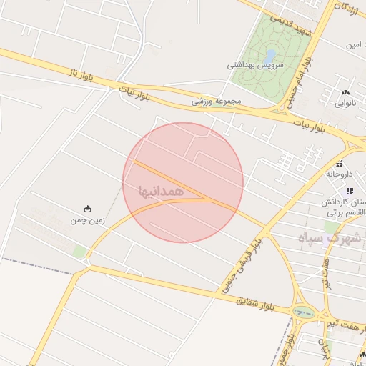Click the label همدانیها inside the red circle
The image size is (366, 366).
pos(164,192)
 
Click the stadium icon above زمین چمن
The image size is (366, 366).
pos(88,209)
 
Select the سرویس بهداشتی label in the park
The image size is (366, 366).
pos(256,65)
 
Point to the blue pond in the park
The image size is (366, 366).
pos(270,54)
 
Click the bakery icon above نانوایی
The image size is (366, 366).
pos(347,92)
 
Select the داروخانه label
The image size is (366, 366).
pos(340,173)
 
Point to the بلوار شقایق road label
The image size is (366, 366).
pos(254,302)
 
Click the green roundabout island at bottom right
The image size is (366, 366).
pos(305,312)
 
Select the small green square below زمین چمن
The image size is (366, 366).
pos(79,252)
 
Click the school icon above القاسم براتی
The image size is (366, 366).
pos(349,191)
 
